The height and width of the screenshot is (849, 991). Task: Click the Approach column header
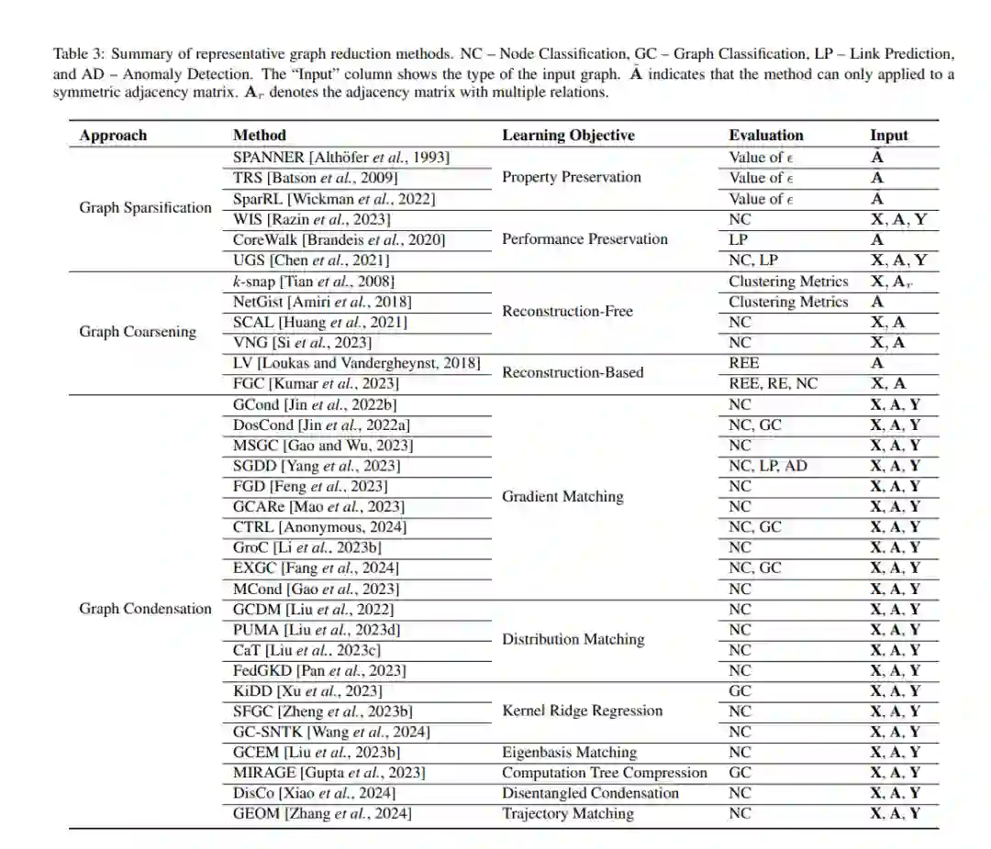113,136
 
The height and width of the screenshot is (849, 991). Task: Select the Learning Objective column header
568,136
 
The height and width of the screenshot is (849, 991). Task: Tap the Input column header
888,136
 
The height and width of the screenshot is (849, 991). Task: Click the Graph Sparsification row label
145,208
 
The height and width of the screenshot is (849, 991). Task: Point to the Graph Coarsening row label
138,332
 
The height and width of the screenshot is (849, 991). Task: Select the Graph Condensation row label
145,609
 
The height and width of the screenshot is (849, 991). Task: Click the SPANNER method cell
341,158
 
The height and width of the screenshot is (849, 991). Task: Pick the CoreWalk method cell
339,239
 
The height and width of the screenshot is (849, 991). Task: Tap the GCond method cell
315,404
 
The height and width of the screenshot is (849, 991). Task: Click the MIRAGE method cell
328,773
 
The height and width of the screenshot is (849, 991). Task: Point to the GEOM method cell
322,813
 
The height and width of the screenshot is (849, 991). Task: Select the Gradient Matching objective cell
562,497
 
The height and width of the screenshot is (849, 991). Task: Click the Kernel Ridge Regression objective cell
582,711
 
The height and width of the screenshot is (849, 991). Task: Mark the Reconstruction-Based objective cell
573,373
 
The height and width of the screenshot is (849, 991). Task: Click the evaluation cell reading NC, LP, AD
768,466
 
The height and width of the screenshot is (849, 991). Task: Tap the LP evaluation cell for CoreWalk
739,239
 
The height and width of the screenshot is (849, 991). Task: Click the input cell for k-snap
890,281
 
